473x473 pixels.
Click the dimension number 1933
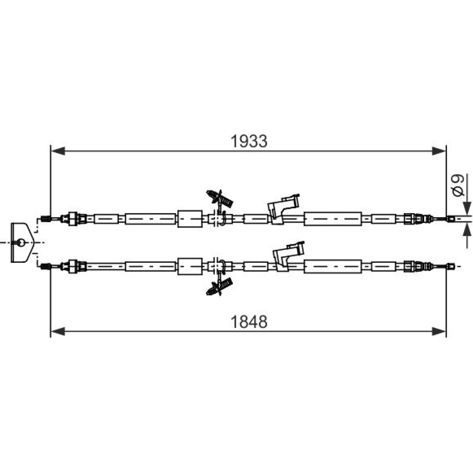(249, 141)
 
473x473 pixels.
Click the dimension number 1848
(249, 322)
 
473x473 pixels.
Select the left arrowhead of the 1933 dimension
(58, 151)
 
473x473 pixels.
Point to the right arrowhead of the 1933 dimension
(439, 151)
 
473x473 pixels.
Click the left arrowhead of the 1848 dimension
(58, 331)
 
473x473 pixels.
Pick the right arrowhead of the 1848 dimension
(439, 331)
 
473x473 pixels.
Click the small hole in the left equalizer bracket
(21, 242)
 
